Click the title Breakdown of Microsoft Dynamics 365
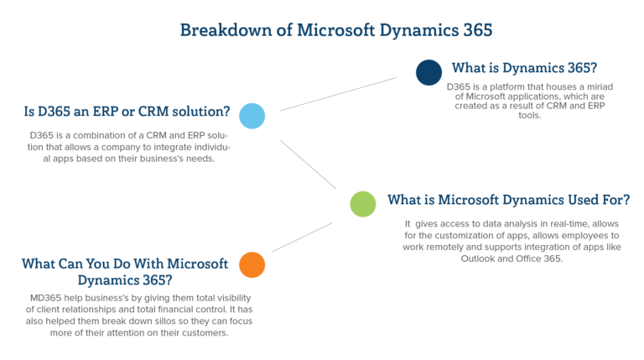click(335, 30)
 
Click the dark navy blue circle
click(428, 72)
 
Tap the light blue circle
click(252, 116)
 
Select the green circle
click(362, 204)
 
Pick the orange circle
click(252, 264)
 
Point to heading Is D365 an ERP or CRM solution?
click(127, 111)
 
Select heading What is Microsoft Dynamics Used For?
click(508, 200)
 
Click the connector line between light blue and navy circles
click(338, 94)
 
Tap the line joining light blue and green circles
click(308, 164)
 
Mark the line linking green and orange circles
click(302, 237)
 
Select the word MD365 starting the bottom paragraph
click(43, 299)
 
